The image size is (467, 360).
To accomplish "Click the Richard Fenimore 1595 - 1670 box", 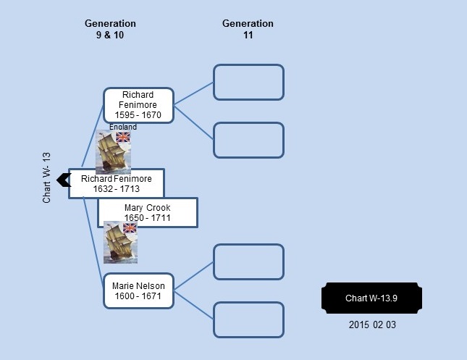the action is pyautogui.click(x=138, y=105).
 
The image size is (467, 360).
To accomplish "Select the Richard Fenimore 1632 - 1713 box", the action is pyautogui.click(x=117, y=183).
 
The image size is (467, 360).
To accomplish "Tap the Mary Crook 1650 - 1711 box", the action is pyautogui.click(x=148, y=212).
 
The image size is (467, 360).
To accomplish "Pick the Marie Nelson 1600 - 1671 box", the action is pyautogui.click(x=138, y=291).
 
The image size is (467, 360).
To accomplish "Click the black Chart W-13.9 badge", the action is pyautogui.click(x=371, y=298).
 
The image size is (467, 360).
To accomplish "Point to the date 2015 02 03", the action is pyautogui.click(x=372, y=325).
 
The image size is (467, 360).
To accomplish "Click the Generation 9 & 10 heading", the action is pyautogui.click(x=110, y=29).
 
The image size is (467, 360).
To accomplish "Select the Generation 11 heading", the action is pyautogui.click(x=248, y=29).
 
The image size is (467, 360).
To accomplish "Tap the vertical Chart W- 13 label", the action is pyautogui.click(x=46, y=178).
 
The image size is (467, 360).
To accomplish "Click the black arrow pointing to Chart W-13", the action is pyautogui.click(x=64, y=180).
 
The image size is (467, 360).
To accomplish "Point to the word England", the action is pyautogui.click(x=122, y=127).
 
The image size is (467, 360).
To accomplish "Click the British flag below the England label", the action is pyautogui.click(x=123, y=137).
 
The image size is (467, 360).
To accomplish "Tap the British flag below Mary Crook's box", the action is pyautogui.click(x=130, y=228).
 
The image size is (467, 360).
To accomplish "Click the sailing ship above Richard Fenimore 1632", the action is pyautogui.click(x=113, y=152).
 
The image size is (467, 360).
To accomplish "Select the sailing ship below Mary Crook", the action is pyautogui.click(x=120, y=242).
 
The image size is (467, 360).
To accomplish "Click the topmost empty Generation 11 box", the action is pyautogui.click(x=248, y=82).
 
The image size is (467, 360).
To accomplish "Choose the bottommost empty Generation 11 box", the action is pyautogui.click(x=248, y=319).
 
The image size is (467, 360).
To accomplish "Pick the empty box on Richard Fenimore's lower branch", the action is pyautogui.click(x=248, y=140).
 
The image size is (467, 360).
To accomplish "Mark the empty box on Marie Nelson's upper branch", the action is pyautogui.click(x=248, y=262).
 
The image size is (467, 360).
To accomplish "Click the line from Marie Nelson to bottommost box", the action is pyautogui.click(x=194, y=305).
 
